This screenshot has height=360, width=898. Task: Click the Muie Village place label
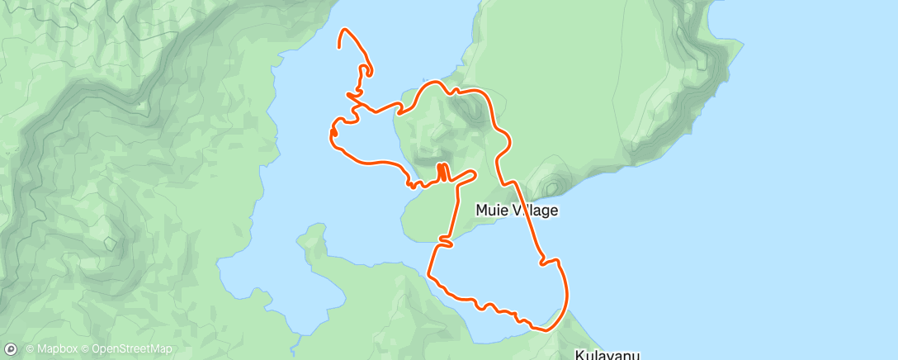(517, 211)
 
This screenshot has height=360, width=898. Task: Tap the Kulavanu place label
(607, 355)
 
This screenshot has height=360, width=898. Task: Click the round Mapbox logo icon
(12, 348)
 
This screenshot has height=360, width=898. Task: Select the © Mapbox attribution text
(52, 349)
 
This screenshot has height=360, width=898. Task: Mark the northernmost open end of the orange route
(340, 47)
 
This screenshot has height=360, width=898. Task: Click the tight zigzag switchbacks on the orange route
(442, 171)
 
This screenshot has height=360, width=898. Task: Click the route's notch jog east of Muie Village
(546, 263)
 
